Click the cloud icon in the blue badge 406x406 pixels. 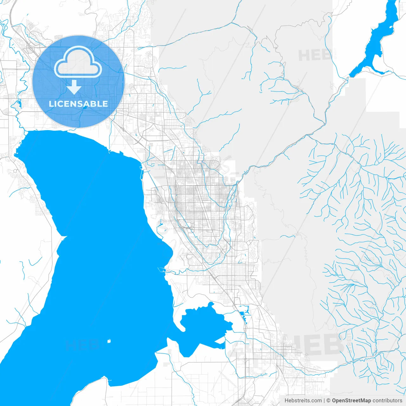tap(78, 62)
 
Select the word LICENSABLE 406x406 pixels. tap(78, 104)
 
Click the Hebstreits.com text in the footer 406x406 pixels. tap(303, 401)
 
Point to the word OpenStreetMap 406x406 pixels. tap(351, 401)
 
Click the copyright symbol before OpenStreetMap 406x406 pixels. tap(329, 401)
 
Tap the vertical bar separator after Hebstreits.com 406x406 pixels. tap(324, 401)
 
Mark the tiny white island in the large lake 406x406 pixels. tap(109, 341)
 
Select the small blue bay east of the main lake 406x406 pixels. tap(203, 327)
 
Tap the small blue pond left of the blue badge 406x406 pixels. tap(19, 104)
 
